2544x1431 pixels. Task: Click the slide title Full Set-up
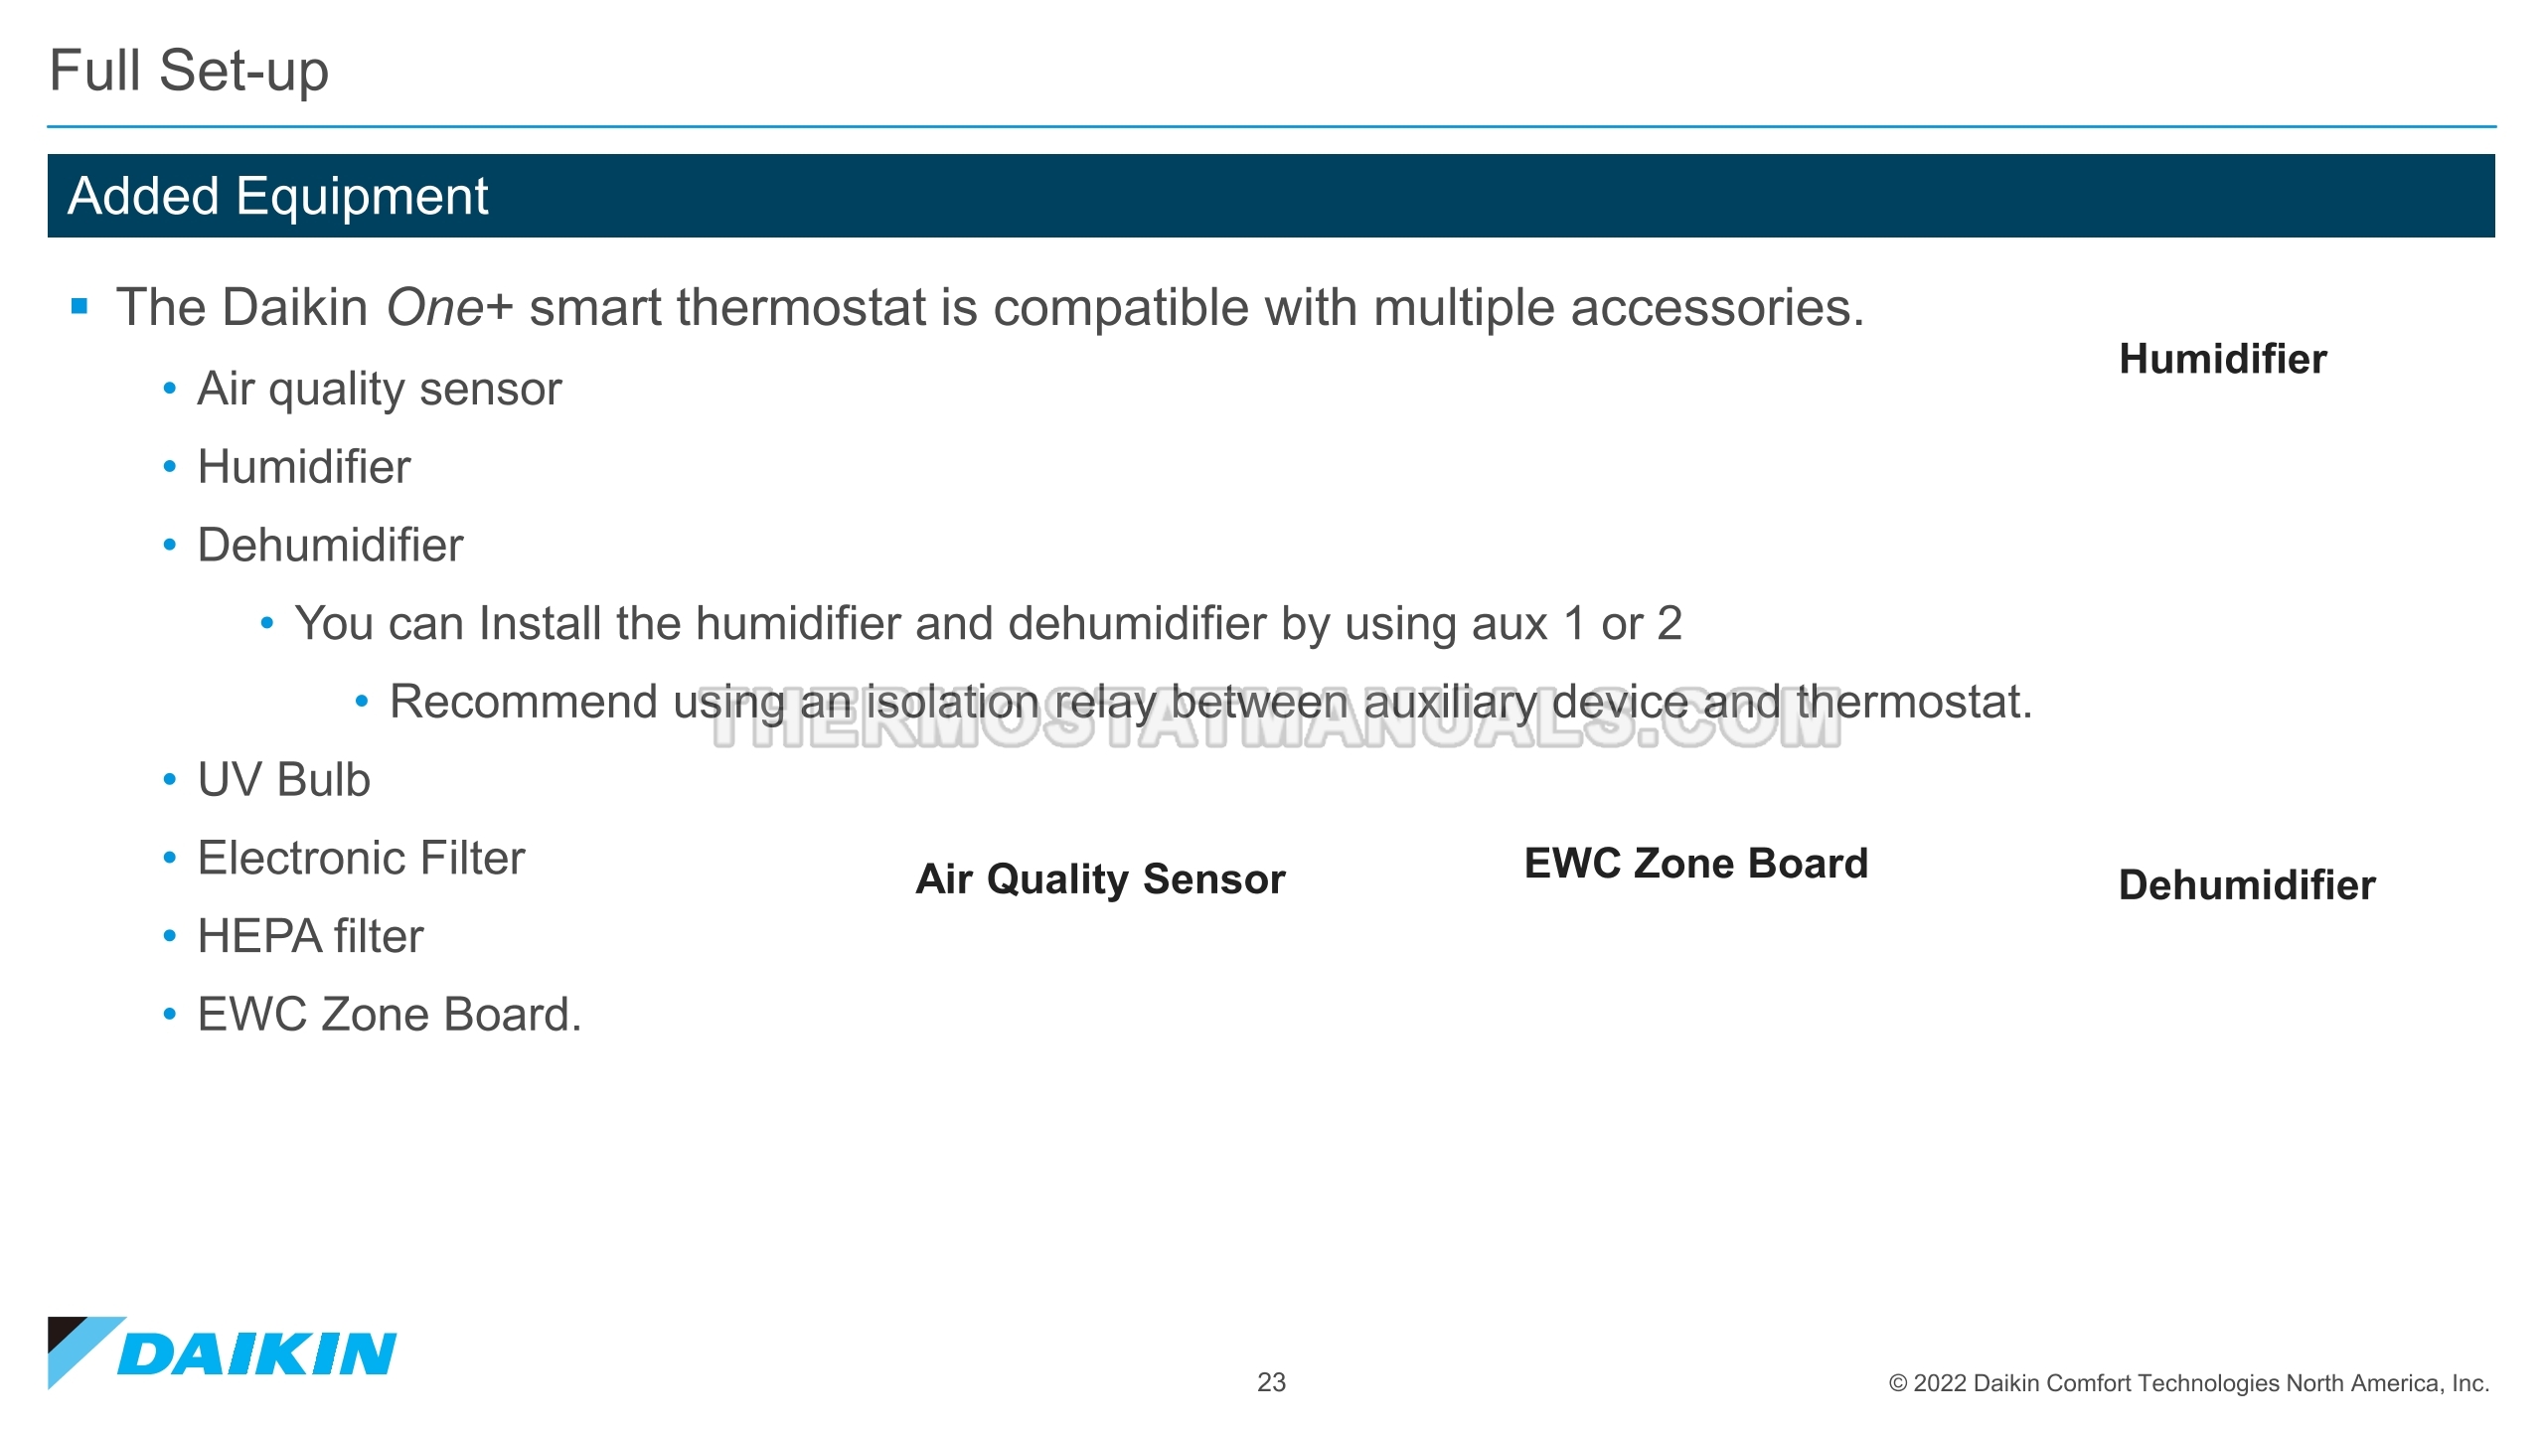(189, 72)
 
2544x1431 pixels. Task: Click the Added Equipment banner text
(277, 196)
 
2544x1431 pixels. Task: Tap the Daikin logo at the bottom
(223, 1352)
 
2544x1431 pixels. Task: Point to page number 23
(1271, 1382)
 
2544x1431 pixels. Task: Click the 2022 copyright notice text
(2188, 1383)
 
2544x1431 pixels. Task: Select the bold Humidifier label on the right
(2222, 360)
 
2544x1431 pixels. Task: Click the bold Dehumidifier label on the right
(2246, 885)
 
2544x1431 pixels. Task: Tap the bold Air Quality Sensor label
(1100, 879)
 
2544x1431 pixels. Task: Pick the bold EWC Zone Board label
(1695, 864)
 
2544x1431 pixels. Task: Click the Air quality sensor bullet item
(379, 389)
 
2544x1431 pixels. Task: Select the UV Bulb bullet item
(283, 780)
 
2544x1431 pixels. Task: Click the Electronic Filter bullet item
(361, 859)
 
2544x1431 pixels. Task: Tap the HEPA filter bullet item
(310, 937)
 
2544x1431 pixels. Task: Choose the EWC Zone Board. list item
(389, 1016)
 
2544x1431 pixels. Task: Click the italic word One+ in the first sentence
(448, 307)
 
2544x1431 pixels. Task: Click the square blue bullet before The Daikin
(80, 306)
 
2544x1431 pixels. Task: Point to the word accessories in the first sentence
(1716, 307)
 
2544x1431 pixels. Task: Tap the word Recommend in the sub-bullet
(523, 703)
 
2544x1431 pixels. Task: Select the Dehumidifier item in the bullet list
(330, 546)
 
